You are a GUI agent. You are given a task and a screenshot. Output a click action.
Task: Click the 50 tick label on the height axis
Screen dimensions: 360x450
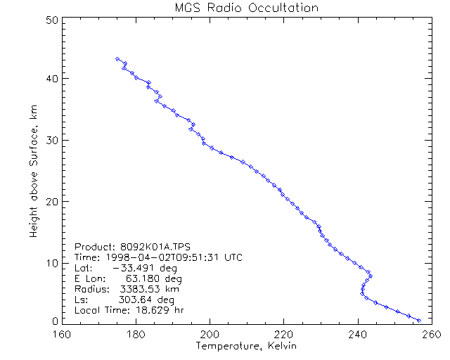click(x=51, y=20)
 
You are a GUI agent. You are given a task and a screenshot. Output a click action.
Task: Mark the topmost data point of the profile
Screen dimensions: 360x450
click(x=117, y=59)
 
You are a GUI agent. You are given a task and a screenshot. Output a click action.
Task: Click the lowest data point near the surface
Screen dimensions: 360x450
click(x=419, y=320)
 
